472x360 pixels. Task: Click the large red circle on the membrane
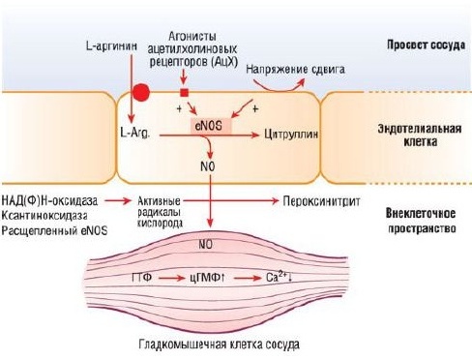pos(141,93)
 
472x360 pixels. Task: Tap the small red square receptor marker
pos(184,92)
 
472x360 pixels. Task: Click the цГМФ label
pos(213,277)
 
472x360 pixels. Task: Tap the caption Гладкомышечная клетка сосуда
pos(218,345)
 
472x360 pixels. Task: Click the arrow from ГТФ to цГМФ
pos(174,277)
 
